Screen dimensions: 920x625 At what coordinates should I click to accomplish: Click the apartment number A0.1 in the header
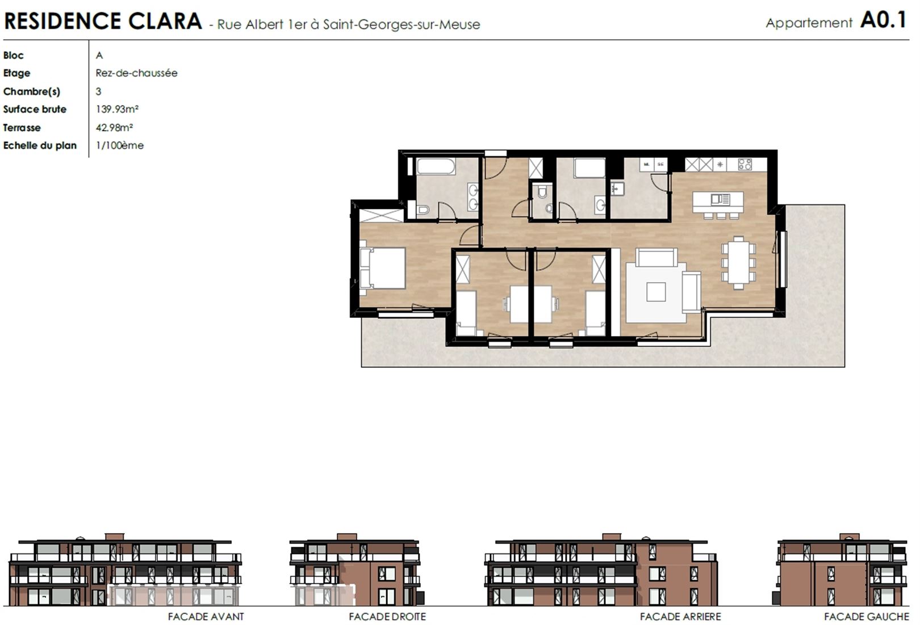[x=883, y=20]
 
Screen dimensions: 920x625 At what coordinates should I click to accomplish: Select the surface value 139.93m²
[x=117, y=109]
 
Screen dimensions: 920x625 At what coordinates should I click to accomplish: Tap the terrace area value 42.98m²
[x=114, y=127]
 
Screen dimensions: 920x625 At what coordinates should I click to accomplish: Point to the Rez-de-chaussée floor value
[x=136, y=73]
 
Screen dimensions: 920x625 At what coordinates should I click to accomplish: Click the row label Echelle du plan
[x=40, y=145]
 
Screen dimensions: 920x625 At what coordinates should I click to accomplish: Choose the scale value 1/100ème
[x=119, y=145]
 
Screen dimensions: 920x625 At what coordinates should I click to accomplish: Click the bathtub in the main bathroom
[x=436, y=167]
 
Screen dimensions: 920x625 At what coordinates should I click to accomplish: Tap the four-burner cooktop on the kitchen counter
[x=745, y=164]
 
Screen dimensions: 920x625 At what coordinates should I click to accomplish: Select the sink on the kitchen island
[x=721, y=200]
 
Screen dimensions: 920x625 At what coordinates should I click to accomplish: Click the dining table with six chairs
[x=738, y=262]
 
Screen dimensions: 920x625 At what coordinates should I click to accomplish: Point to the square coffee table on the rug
[x=656, y=292]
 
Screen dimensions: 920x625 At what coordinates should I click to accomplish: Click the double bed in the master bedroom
[x=382, y=268]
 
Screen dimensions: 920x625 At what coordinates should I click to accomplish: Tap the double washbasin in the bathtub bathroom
[x=474, y=197]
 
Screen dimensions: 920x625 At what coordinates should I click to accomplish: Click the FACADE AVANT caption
[x=206, y=616]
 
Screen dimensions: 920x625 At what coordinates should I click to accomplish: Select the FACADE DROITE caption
[x=387, y=616]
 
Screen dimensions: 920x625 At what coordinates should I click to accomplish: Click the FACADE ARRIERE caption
[x=680, y=616]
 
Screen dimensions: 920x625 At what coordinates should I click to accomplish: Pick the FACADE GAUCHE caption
[x=867, y=616]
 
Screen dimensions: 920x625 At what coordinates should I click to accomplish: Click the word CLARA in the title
[x=165, y=21]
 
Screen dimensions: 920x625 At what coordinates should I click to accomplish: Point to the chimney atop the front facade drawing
[x=115, y=537]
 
